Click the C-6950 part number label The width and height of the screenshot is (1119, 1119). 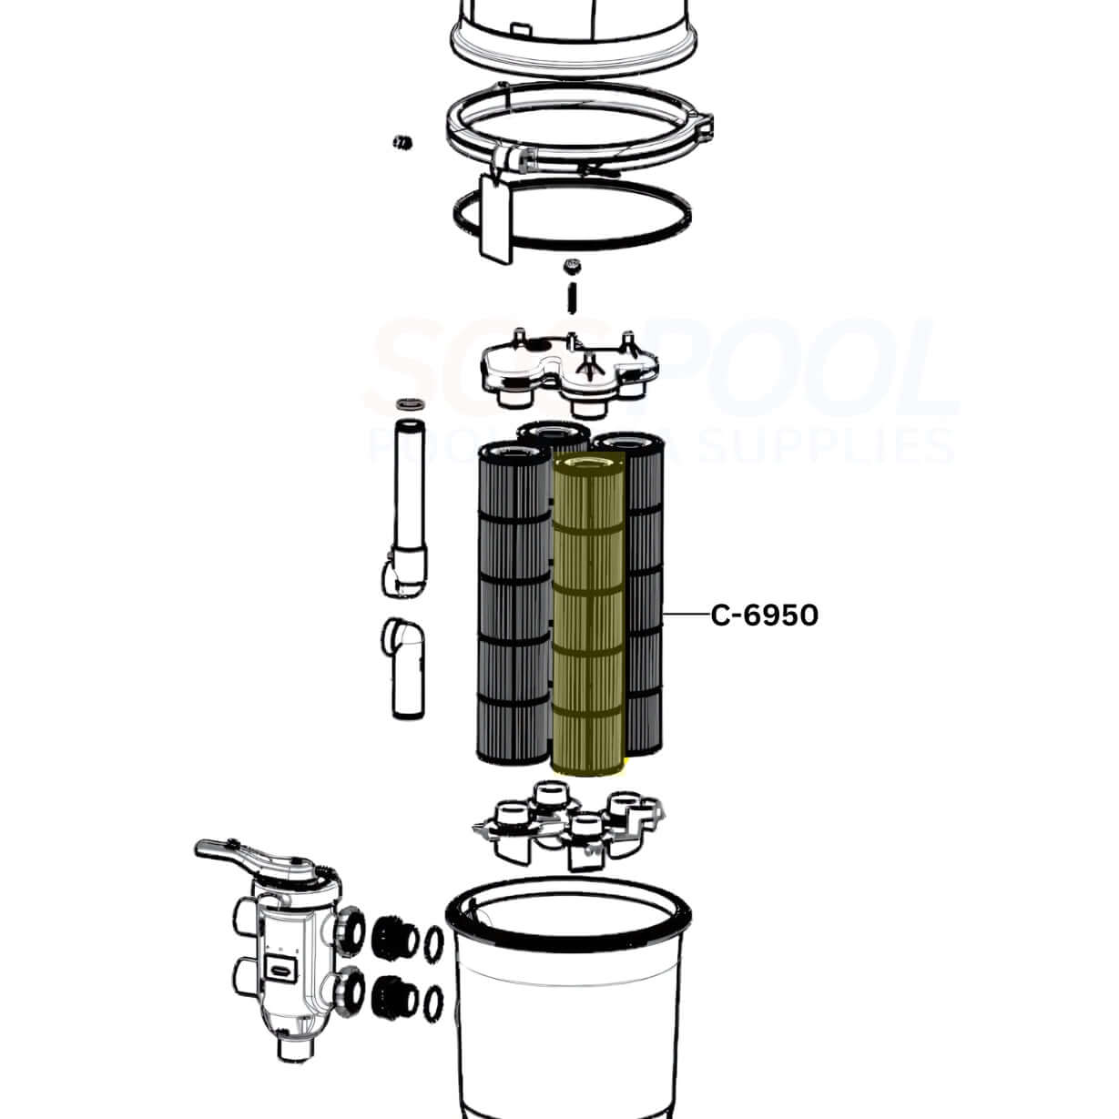(x=764, y=616)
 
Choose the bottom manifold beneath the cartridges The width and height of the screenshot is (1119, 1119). (x=568, y=823)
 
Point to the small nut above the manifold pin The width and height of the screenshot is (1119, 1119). (x=572, y=266)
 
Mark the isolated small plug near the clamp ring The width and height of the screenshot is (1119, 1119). (x=400, y=141)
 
